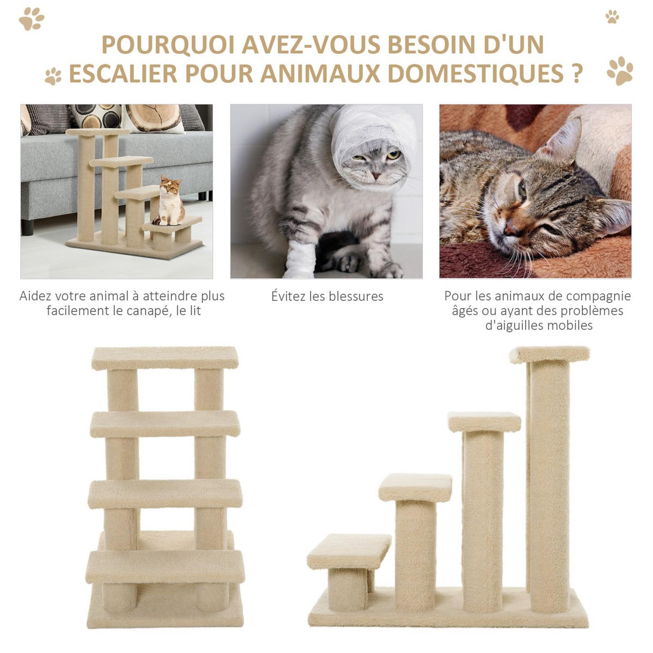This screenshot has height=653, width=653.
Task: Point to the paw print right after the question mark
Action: point(620,71)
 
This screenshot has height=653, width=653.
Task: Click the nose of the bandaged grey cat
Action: point(375,176)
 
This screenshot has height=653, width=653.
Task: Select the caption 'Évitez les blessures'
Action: point(327,297)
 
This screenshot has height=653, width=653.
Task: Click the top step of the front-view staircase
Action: point(165,358)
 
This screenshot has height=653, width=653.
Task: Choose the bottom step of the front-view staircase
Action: point(165,566)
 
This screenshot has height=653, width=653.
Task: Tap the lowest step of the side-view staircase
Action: point(349,551)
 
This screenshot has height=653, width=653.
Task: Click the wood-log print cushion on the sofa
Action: point(154,118)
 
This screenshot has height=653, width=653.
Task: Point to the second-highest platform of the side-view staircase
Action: point(484,422)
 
